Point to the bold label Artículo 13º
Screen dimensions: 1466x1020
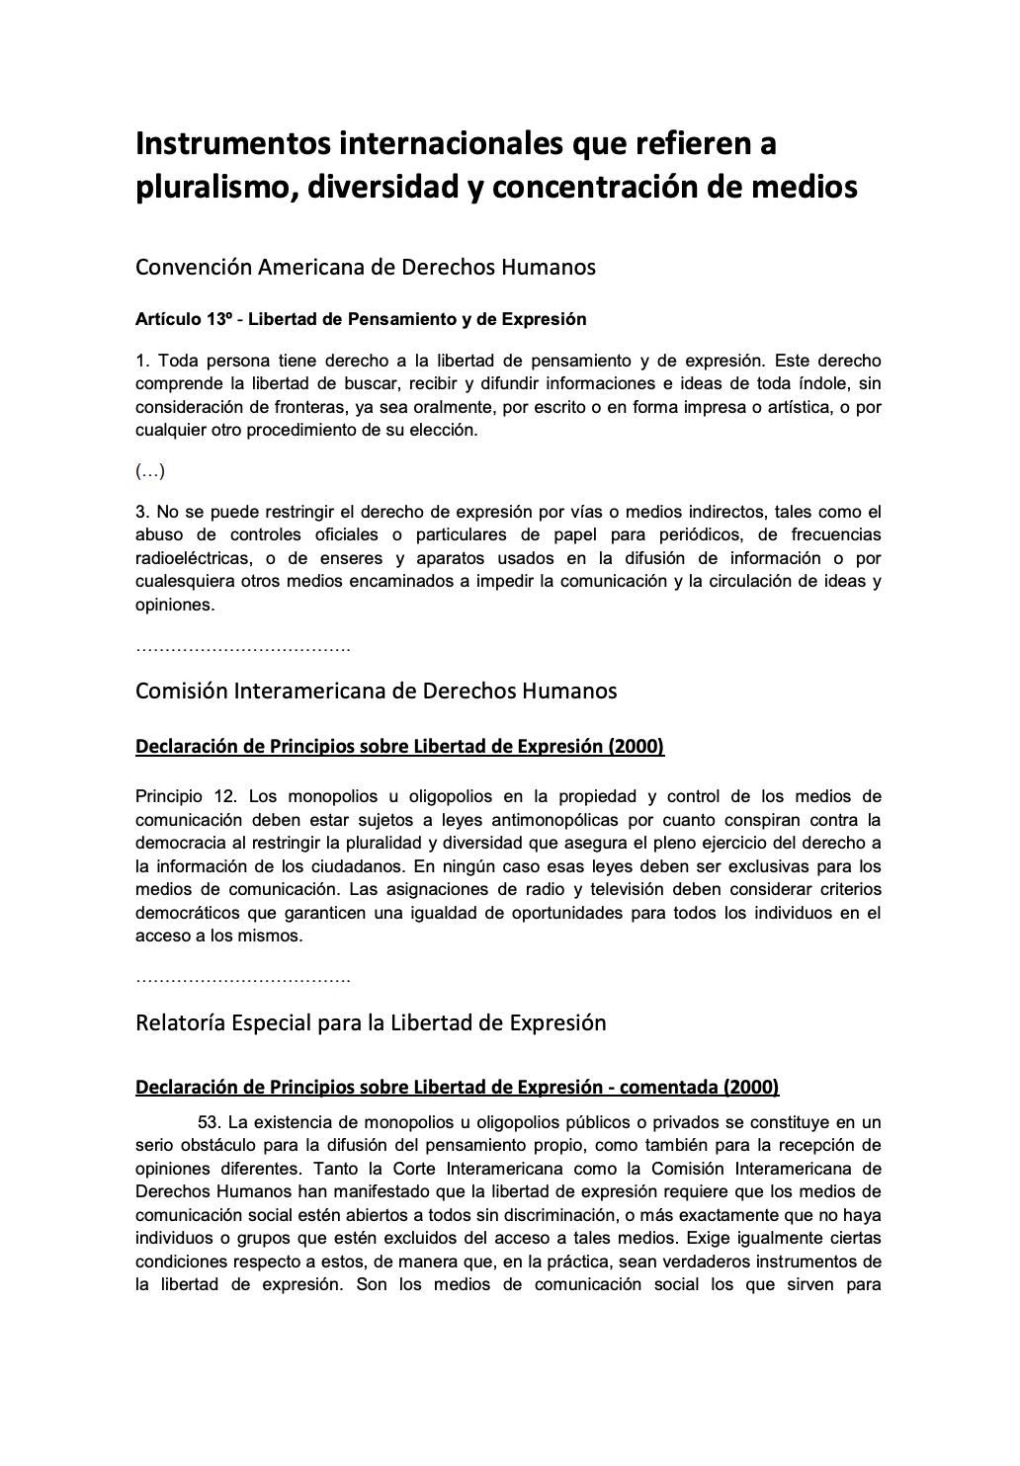click(183, 319)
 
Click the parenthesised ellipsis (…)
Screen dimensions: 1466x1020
click(150, 471)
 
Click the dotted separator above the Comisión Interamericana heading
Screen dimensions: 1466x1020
click(243, 650)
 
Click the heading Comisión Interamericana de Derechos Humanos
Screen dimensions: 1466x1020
click(376, 691)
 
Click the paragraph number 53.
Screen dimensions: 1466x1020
click(208, 1122)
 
